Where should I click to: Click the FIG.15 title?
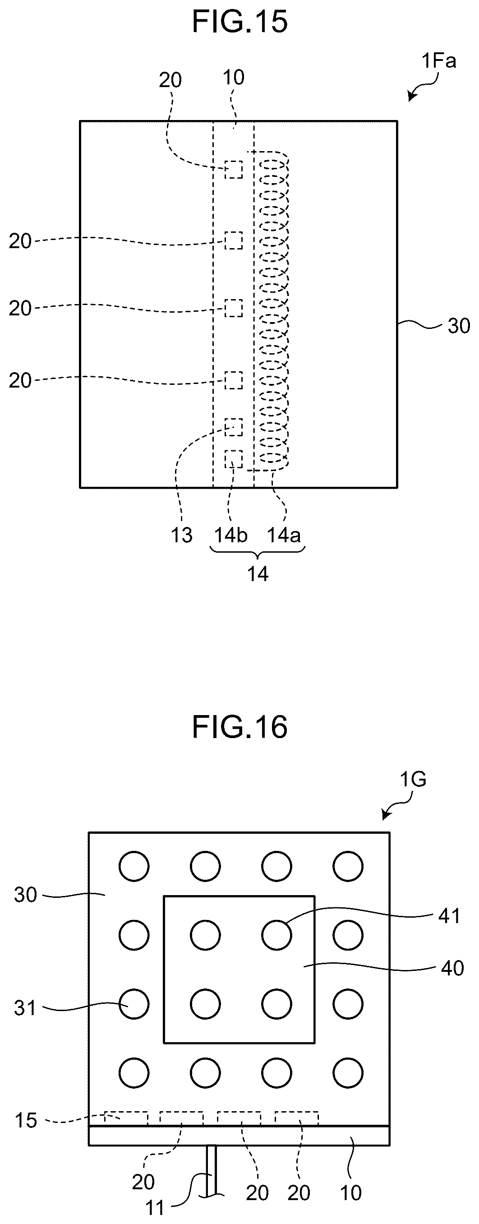(240, 22)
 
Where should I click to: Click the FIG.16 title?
(240, 727)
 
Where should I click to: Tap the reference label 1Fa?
(438, 61)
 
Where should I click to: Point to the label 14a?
(284, 535)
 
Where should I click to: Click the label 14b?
(231, 535)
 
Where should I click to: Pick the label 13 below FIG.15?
(181, 535)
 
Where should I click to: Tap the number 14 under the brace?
(258, 574)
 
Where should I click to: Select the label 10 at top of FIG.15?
(233, 78)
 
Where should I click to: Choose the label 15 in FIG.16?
(26, 1120)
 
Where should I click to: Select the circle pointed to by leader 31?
(134, 1004)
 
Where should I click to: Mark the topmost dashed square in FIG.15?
(233, 170)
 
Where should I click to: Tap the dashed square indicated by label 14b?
(233, 459)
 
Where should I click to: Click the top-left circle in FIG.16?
(134, 866)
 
